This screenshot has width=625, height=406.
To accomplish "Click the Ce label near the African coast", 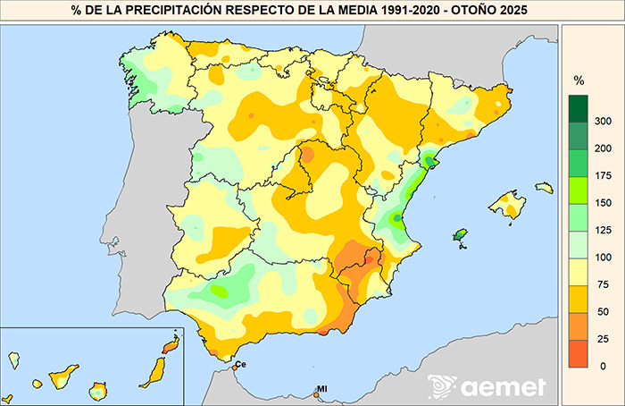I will point(241,364).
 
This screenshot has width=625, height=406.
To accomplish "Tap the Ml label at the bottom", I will point(322,389).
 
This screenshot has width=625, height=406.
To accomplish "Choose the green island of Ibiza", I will point(461,235).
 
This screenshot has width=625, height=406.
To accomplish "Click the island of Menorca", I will point(544,188).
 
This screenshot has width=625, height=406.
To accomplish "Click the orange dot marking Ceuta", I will point(233,368).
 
